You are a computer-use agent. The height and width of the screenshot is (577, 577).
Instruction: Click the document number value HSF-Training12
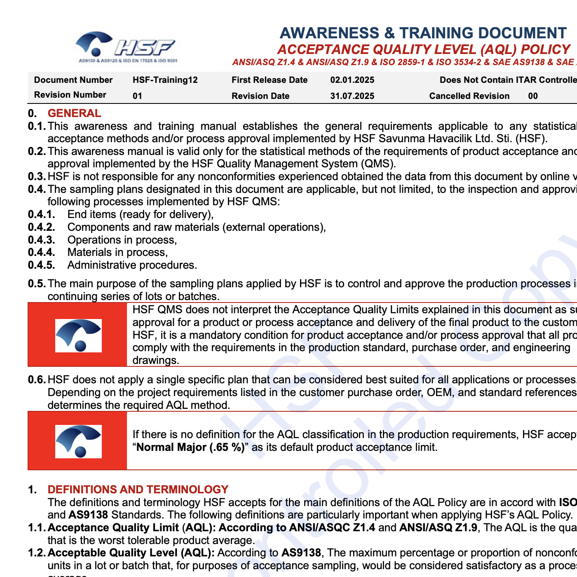pos(165,80)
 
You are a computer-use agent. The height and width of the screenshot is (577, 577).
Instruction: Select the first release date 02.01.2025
pos(352,80)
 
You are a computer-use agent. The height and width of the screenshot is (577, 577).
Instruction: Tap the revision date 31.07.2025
pos(352,96)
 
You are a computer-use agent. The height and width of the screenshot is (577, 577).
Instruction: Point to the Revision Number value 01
pos(137,96)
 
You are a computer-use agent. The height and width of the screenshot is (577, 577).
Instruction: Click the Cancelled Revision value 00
pos(533,96)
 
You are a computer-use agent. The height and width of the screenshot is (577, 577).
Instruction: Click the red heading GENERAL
pos(74,113)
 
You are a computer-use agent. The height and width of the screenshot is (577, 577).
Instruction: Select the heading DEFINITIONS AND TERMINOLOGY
pos(138,490)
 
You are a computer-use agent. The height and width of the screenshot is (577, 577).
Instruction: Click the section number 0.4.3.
pos(41,240)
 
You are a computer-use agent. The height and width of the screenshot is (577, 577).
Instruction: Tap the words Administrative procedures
pos(132,265)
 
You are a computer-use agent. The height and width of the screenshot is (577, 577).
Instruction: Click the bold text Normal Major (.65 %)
pos(190,448)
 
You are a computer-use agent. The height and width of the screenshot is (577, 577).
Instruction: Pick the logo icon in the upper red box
pos(78,335)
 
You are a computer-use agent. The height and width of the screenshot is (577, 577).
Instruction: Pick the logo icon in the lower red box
pos(78,441)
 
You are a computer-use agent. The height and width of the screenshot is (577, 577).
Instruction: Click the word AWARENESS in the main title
pos(329,33)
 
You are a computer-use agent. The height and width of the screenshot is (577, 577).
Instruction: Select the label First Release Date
pos(270,80)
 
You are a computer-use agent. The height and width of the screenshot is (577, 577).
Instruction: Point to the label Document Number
pos(73,80)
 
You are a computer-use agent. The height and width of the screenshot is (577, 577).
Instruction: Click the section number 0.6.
pos(36,380)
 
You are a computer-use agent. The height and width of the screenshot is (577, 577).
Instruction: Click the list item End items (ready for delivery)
pos(140,215)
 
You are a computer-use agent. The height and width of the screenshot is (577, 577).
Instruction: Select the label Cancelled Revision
pos(469,96)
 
